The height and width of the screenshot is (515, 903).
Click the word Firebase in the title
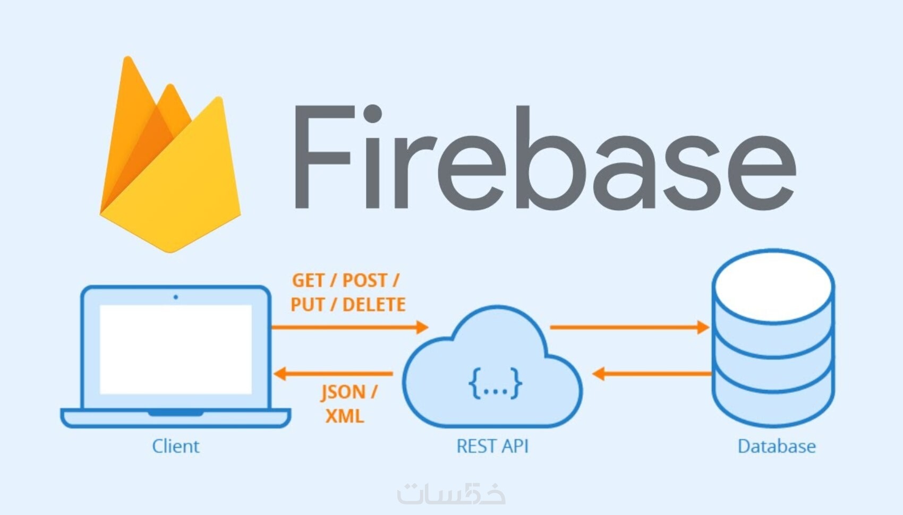[x=546, y=157]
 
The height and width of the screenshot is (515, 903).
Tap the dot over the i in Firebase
[x=373, y=113]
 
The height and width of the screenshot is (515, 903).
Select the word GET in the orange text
[x=309, y=280]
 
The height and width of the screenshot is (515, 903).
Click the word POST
[x=365, y=280]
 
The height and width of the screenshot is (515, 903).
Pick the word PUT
[x=307, y=305]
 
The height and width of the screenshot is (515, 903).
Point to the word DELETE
[x=374, y=305]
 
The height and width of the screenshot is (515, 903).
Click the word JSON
[x=343, y=392]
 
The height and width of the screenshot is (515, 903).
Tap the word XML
[x=345, y=416]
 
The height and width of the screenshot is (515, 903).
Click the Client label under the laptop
[x=176, y=447]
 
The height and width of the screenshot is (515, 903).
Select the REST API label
[x=492, y=447]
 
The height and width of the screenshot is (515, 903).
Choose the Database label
[x=777, y=447]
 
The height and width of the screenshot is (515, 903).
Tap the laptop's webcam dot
[x=176, y=297]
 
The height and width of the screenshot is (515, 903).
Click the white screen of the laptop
[x=176, y=349]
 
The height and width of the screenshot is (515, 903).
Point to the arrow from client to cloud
[x=350, y=327]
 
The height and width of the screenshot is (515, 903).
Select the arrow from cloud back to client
[x=333, y=374]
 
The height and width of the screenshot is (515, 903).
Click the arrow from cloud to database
[x=629, y=327]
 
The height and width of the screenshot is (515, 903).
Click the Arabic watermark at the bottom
[x=451, y=493]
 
